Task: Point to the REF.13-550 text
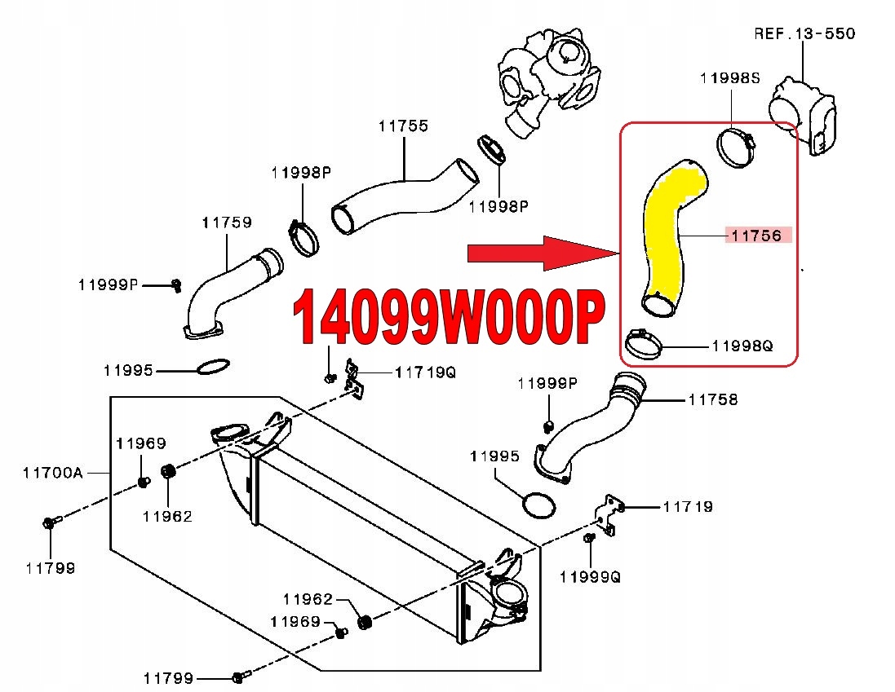[x=804, y=33]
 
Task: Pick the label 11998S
[x=729, y=78]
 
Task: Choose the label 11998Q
[x=742, y=346]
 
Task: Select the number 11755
[x=403, y=126]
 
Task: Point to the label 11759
[x=227, y=222]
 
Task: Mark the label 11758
[x=712, y=399]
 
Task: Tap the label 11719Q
[x=425, y=372]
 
